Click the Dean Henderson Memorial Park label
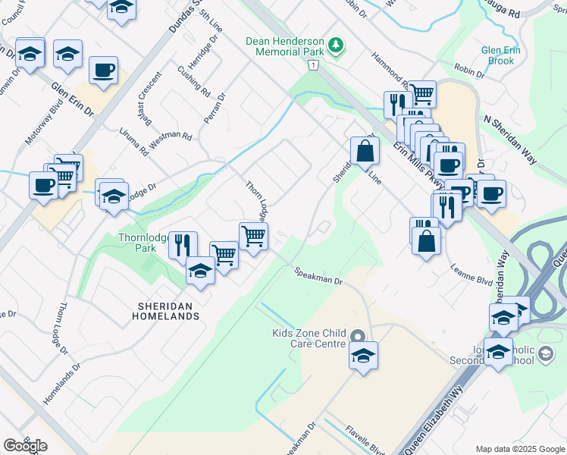click(x=285, y=47)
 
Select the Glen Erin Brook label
click(x=502, y=55)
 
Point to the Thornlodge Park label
click(x=136, y=242)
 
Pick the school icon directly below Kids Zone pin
click(x=363, y=355)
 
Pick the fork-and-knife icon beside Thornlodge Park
click(x=182, y=244)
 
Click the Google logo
click(x=25, y=446)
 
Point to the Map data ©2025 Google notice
click(x=519, y=449)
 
